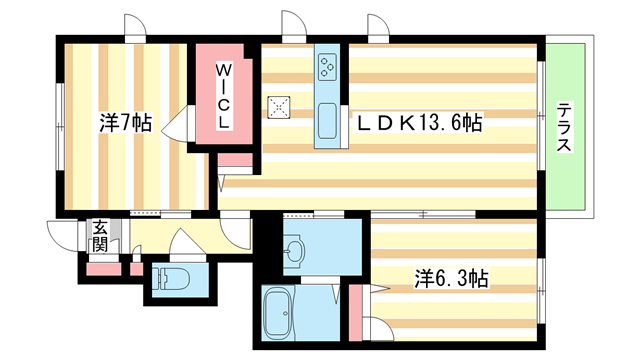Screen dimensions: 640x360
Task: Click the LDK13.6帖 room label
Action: pos(421,124)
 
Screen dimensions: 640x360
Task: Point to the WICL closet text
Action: pos(225,96)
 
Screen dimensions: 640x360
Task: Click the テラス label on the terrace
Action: pos(565,128)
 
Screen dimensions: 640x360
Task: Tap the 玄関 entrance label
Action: pos(100,236)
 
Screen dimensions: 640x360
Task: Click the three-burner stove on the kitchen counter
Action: pos(328,66)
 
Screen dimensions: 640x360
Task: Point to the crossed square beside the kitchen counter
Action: pos(279,105)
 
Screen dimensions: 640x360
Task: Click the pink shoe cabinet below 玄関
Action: pos(102,267)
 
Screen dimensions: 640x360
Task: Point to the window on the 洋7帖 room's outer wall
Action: pos(60,124)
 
